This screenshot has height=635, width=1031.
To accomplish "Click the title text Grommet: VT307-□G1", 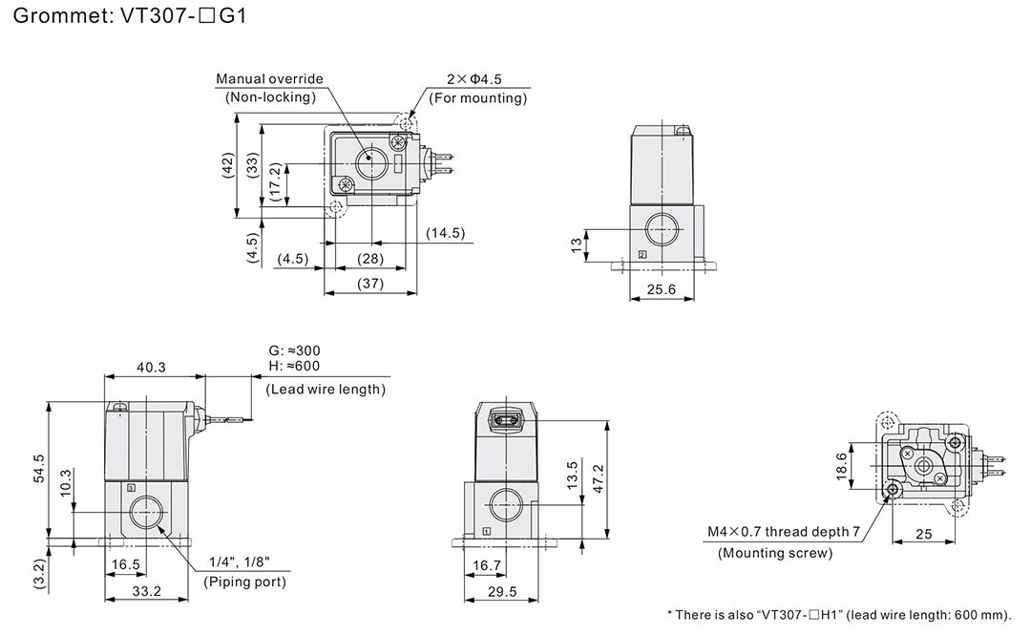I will pos(125,16).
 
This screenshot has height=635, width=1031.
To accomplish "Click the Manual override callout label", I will pos(270,79).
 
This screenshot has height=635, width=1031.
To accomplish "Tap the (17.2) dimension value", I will pos(275,180).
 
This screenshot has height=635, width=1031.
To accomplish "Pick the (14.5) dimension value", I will pos(445,233).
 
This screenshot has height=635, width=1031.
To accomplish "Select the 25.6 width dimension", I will pos(661,288).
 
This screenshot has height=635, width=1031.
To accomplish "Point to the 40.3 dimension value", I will pos(151,366).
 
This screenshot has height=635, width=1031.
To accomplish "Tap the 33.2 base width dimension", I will pos(145,591).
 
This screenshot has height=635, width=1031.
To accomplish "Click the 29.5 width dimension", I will pos(500,591).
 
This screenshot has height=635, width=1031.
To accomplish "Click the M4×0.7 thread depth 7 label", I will pos(784,532).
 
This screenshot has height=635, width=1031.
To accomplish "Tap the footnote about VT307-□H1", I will pos(838,615).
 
